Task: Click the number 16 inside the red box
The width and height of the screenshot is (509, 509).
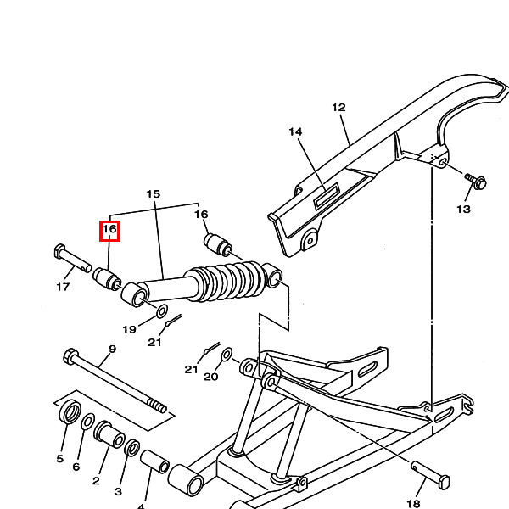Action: [x=109, y=229]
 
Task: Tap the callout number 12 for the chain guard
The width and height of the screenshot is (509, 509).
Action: [x=338, y=108]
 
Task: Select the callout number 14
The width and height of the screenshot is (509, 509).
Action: [x=295, y=131]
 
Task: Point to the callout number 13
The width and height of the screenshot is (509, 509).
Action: [x=463, y=210]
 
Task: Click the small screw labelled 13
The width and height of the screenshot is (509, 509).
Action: [x=476, y=182]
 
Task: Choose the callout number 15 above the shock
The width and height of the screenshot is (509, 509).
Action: [x=154, y=194]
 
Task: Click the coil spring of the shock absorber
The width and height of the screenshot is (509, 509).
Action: [x=227, y=281]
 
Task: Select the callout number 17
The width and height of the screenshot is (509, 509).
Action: [x=63, y=287]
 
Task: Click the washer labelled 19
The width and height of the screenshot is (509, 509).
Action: [x=162, y=311]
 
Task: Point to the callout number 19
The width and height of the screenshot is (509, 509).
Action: [x=129, y=330]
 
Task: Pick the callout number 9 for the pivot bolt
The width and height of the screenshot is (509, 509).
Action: [x=112, y=350]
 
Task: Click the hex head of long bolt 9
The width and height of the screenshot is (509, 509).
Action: [x=70, y=356]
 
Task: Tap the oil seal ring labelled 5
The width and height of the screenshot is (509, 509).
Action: [x=70, y=412]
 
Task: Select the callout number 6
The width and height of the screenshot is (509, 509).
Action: [x=76, y=467]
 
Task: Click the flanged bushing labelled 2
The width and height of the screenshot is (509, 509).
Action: [x=109, y=434]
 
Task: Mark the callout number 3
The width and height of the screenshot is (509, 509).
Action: [x=118, y=491]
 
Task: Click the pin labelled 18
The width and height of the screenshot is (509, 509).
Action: [x=430, y=475]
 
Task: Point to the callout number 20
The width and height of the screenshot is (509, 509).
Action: [x=210, y=377]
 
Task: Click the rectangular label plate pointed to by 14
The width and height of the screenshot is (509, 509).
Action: [x=327, y=195]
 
